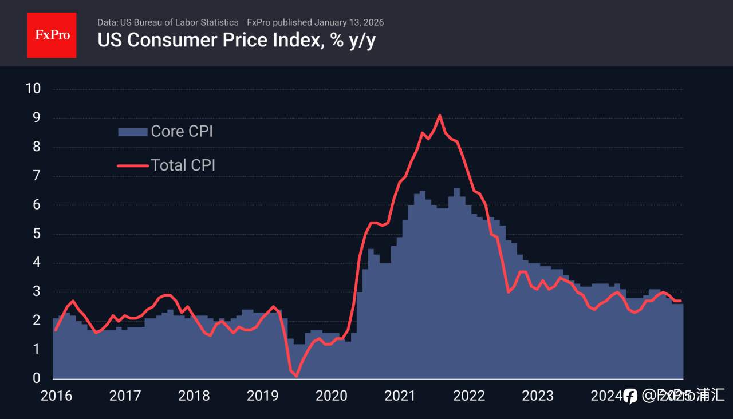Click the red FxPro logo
point(52,35)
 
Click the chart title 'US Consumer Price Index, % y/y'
point(237,41)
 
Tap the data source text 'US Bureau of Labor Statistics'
point(179,22)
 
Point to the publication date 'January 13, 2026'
point(349,22)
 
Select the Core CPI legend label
point(182,131)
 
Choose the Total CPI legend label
point(183,165)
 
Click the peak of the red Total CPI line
point(439,116)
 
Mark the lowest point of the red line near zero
point(296,375)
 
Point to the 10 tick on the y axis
point(33,89)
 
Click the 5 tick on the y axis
point(36,234)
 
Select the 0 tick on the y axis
point(36,378)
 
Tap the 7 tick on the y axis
point(36,176)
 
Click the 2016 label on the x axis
point(57,396)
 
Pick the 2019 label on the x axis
point(263,396)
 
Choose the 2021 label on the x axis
point(400,396)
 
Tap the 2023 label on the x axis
point(538,396)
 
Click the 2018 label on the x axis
point(194,396)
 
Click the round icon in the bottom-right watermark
point(630,396)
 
